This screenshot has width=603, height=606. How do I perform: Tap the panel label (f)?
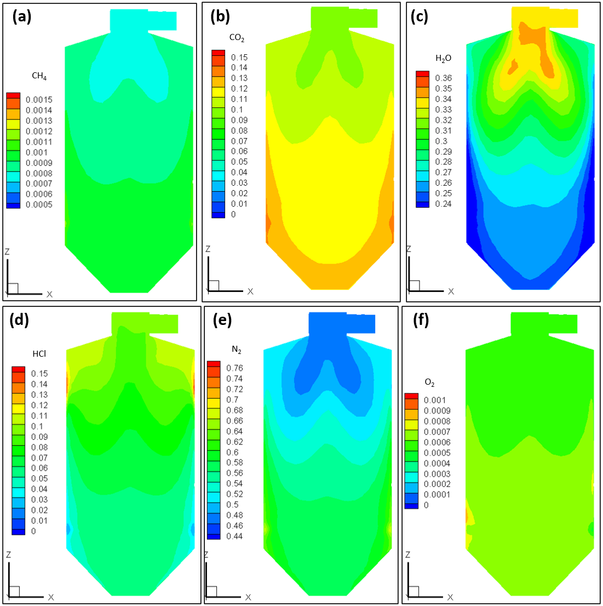(422, 320)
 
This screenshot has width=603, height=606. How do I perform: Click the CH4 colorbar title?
(39, 76)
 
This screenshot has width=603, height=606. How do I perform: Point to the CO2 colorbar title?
(237, 38)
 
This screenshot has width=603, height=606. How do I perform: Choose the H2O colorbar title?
(443, 59)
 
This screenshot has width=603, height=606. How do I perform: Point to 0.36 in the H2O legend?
(444, 78)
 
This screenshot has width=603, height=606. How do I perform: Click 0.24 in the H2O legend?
(444, 204)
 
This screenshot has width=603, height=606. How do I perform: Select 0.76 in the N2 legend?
(234, 368)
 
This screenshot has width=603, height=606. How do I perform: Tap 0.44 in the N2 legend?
(234, 536)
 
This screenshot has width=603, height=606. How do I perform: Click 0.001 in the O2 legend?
(435, 401)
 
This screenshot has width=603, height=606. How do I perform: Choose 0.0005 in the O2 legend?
(437, 453)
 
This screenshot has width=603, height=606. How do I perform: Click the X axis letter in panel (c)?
(451, 291)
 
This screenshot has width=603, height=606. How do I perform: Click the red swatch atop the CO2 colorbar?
(218, 53)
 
